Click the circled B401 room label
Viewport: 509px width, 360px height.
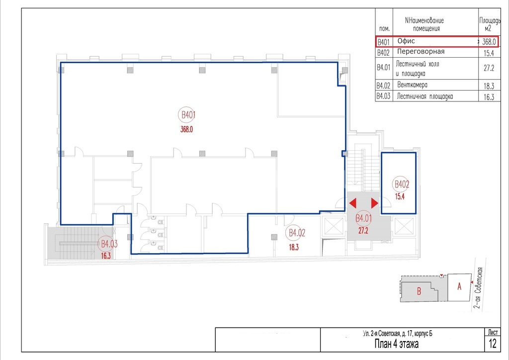(188, 114)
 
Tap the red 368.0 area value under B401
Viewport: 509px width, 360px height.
(187, 129)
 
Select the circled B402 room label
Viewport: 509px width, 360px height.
(401, 184)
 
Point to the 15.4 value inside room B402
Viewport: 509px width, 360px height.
(400, 196)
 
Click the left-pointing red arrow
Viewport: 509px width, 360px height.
(353, 203)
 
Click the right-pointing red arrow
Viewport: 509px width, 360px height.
(375, 203)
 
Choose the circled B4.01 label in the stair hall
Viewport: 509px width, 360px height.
(363, 218)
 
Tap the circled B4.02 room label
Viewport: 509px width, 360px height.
(297, 233)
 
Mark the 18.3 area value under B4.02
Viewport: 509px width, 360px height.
(293, 247)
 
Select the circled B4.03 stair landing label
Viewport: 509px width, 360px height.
(109, 244)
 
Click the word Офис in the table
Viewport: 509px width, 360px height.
(406, 41)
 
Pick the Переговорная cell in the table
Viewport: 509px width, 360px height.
(421, 52)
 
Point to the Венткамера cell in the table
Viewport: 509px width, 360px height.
(412, 85)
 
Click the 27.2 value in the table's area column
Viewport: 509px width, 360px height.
(489, 68)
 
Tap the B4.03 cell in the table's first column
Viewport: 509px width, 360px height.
(383, 96)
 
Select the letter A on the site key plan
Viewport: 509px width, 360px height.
(459, 286)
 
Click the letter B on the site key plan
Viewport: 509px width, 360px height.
(419, 291)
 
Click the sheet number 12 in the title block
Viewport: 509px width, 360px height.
(493, 344)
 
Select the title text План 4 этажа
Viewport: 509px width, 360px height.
(396, 344)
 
